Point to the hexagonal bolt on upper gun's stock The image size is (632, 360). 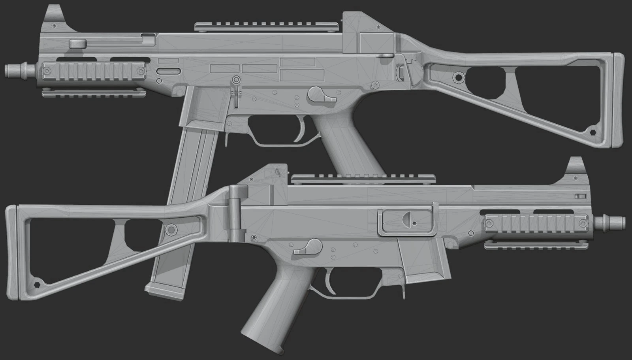[x=459, y=76]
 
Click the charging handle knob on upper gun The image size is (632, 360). [x=78, y=43]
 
